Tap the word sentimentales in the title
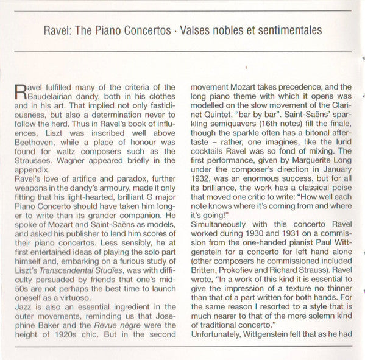click(288, 30)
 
